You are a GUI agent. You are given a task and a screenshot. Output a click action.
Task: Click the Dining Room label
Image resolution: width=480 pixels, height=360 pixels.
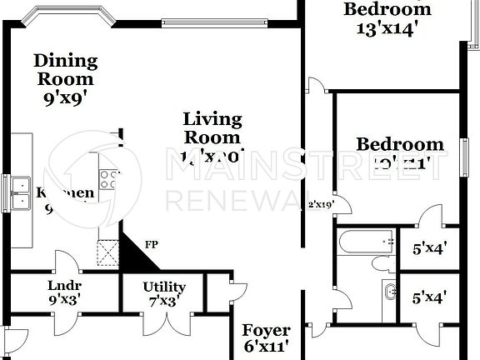[66, 70]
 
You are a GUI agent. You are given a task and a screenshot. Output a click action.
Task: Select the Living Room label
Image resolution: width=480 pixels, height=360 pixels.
[212, 128]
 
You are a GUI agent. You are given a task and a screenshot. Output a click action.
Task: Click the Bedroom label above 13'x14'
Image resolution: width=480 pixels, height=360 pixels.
[388, 9]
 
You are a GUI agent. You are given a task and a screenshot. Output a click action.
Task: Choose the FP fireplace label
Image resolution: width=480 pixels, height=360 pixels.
[152, 245]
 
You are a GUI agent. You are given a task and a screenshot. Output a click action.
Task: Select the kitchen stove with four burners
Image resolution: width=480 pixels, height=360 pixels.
[108, 177]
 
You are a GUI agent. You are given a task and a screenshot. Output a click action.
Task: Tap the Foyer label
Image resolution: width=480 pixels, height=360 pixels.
[267, 331]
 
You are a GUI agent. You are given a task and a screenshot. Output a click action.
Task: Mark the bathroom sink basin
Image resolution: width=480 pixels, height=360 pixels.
[391, 292]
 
